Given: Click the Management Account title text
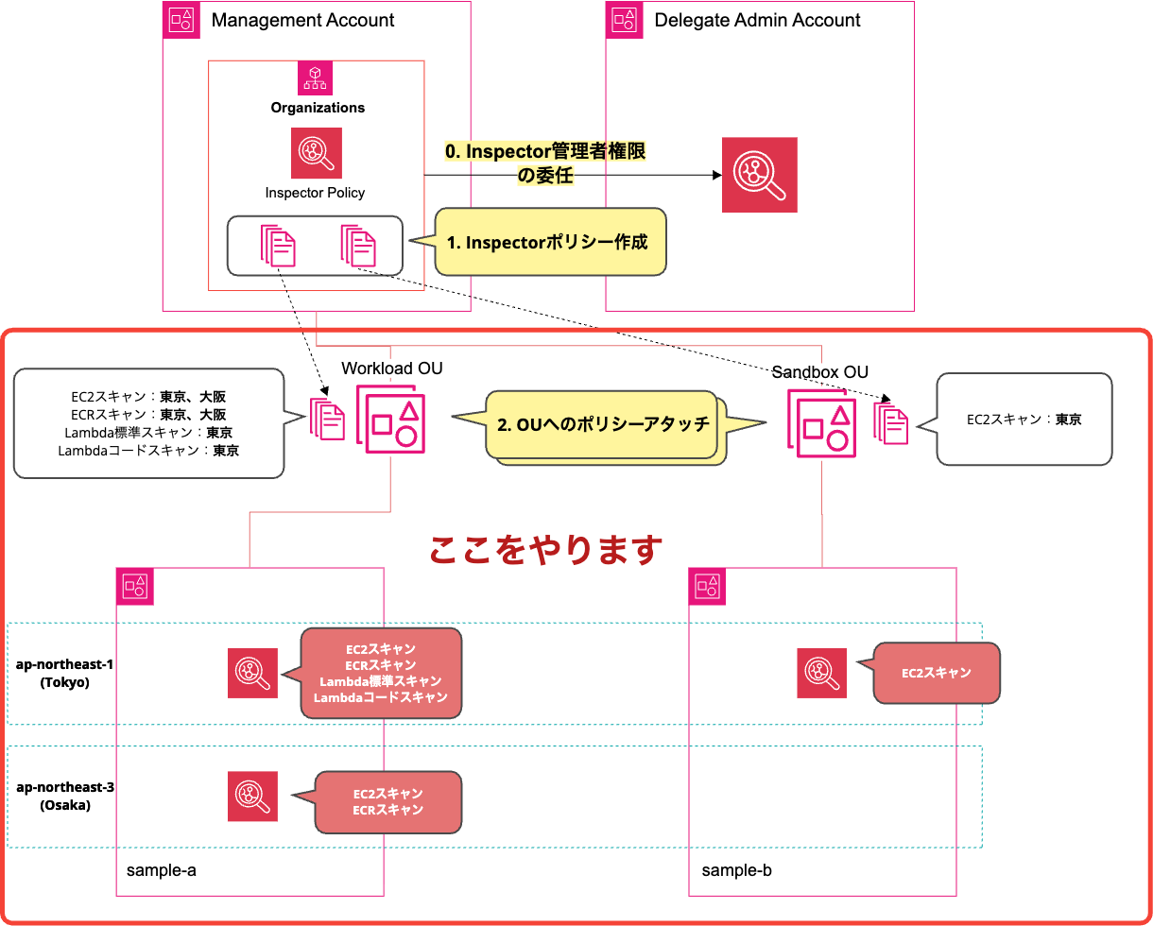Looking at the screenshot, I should click(x=302, y=20).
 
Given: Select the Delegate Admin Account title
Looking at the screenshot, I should click(x=757, y=20).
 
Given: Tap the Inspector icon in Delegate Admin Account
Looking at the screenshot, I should click(x=759, y=175).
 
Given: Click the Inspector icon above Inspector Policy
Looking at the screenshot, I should click(x=316, y=153).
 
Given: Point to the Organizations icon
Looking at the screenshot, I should click(x=315, y=77).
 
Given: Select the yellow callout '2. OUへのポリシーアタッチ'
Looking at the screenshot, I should click(x=602, y=424).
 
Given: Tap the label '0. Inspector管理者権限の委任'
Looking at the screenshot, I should click(x=546, y=163).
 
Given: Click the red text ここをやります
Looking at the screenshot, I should click(x=545, y=549).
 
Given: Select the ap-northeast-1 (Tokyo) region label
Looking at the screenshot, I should click(x=64, y=673).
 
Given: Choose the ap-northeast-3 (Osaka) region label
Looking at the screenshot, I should click(x=64, y=796).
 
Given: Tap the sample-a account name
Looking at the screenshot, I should click(x=162, y=869).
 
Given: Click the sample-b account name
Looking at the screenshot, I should click(x=736, y=869).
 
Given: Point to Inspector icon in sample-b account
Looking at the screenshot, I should click(x=821, y=673).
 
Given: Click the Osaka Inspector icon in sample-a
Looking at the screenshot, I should click(x=252, y=796).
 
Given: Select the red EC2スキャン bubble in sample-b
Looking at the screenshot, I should click(x=936, y=673).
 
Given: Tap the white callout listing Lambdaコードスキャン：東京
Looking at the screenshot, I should click(x=148, y=423).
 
